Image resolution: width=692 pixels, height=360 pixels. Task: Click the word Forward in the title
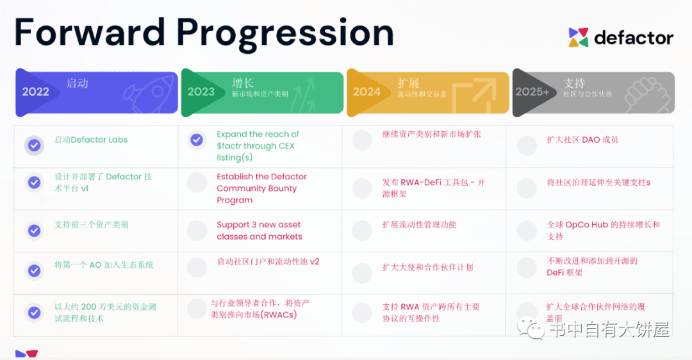click(x=88, y=32)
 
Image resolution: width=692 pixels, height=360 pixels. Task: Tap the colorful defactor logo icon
click(x=578, y=38)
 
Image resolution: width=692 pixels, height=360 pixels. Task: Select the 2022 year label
click(x=36, y=92)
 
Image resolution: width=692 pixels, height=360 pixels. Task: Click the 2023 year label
click(x=201, y=92)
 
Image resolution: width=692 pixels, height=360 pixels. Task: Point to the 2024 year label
click(x=367, y=92)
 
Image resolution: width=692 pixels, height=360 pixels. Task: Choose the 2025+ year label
click(x=532, y=92)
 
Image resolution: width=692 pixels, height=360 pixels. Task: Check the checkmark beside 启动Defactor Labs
click(x=35, y=145)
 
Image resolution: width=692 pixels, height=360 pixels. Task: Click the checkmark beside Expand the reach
click(x=197, y=140)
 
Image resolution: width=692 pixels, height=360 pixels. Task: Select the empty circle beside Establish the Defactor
click(x=197, y=183)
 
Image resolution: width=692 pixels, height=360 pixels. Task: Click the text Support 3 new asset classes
click(x=259, y=231)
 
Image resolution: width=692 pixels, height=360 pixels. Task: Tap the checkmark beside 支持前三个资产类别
click(x=35, y=231)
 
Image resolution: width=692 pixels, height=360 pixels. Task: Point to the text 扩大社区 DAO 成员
click(x=582, y=140)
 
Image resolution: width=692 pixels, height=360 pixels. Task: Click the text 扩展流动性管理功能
click(x=419, y=225)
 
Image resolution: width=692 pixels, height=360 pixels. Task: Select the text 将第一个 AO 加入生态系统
click(x=104, y=265)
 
